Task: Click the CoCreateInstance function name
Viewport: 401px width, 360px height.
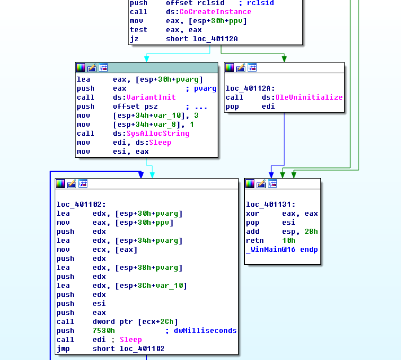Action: point(215,12)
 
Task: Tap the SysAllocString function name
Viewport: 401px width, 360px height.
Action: point(151,134)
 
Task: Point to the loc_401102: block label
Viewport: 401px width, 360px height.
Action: point(81,205)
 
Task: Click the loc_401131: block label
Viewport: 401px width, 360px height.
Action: point(271,205)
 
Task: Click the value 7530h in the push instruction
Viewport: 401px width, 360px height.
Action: point(104,331)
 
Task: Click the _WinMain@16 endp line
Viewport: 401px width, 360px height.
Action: point(281,250)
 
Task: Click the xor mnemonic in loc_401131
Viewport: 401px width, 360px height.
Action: point(253,214)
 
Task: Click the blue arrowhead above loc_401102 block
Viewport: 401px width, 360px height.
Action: point(141,175)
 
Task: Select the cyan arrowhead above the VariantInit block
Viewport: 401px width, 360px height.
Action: point(147,58)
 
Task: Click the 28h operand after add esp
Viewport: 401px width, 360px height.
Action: point(311,232)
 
